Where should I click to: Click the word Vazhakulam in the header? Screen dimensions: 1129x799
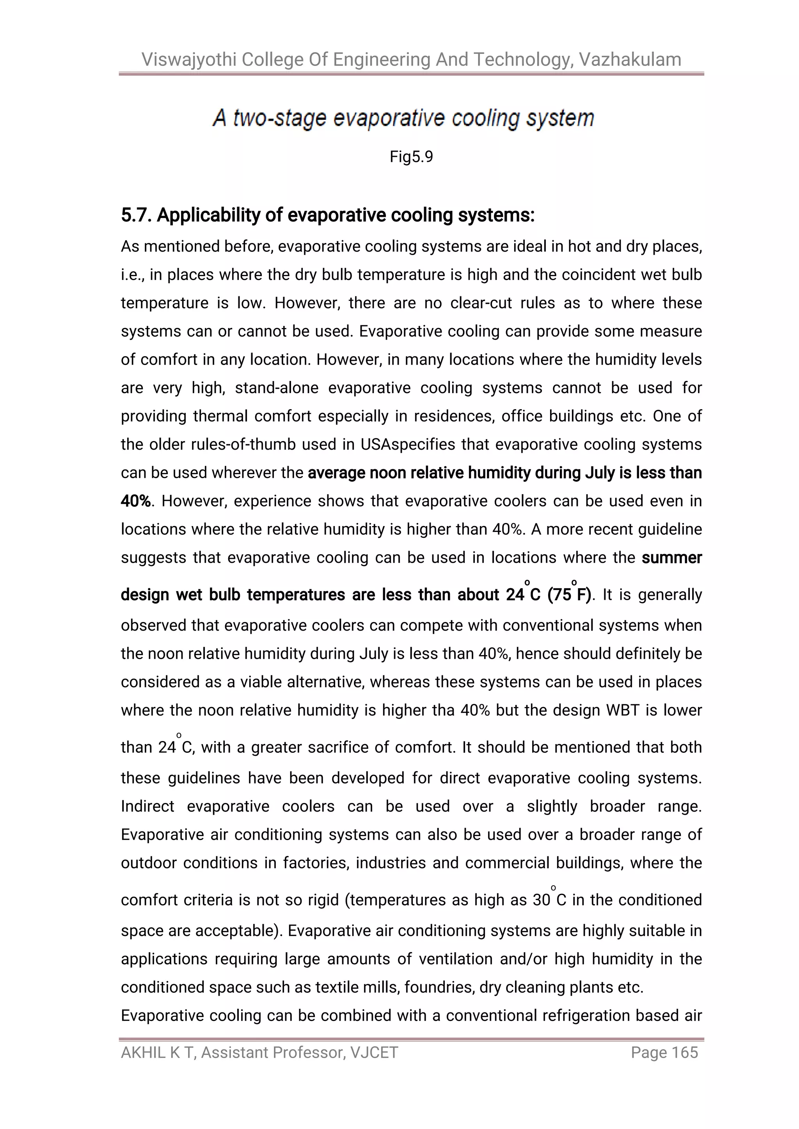(x=630, y=60)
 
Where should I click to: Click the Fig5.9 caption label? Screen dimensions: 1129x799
(x=411, y=157)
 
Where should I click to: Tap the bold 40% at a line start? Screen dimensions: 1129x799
(x=135, y=501)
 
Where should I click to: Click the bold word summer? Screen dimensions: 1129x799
(x=671, y=558)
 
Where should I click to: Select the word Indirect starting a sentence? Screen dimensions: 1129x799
(x=147, y=806)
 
